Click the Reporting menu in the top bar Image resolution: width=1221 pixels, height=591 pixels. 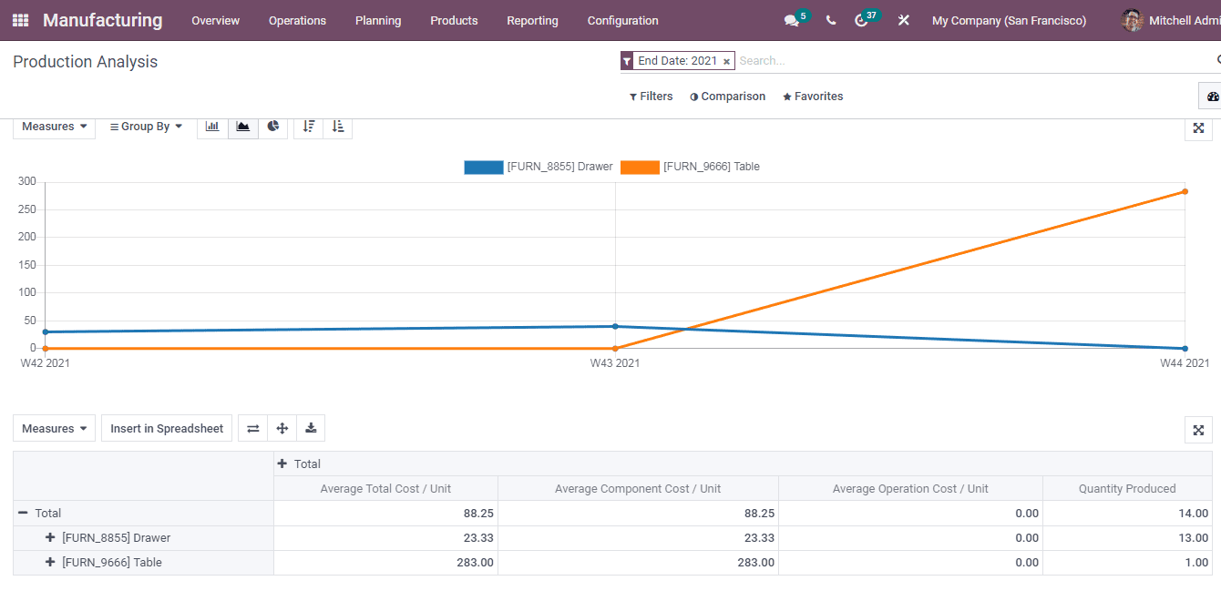coord(532,20)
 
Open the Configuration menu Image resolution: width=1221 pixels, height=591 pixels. coord(622,20)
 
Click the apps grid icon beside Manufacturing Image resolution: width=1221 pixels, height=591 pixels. coord(20,20)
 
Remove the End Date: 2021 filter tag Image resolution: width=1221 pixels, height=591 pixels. coord(726,61)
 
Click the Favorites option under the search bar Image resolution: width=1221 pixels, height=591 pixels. coord(813,97)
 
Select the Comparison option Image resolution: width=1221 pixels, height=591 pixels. coord(727,97)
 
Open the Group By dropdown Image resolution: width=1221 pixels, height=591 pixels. coord(146,127)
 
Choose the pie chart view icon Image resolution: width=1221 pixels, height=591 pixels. coord(272,127)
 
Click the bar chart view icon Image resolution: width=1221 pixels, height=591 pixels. coord(212,127)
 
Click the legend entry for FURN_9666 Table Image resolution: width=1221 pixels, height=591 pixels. coord(691,167)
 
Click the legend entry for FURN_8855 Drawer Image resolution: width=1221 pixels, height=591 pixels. coord(539,167)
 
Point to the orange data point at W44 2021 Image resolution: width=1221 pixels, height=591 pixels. coord(1185,191)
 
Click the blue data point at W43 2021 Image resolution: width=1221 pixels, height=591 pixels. coord(615,326)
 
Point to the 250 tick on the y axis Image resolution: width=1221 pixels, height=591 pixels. coord(27,209)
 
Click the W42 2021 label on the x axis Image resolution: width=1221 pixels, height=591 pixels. coord(46,363)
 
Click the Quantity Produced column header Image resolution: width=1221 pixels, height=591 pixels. coord(1126,489)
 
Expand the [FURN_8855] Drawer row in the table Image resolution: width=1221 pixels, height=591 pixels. coord(50,538)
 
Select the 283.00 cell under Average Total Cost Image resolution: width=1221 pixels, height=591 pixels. coord(475,563)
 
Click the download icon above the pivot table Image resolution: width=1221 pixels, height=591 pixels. coord(311,428)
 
